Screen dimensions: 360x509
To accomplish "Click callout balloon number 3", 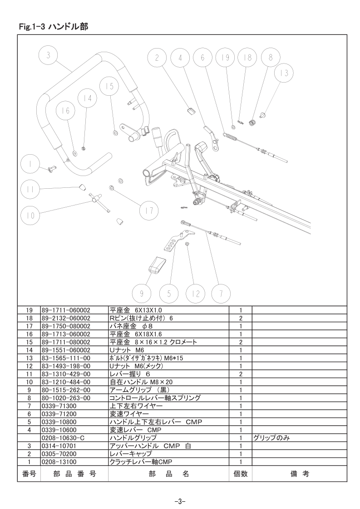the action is coord(48,55).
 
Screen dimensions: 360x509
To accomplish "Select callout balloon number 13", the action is coord(284,73).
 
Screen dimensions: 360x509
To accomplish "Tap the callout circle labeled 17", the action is coord(148,210).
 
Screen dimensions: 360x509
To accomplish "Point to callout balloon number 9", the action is coord(142,294).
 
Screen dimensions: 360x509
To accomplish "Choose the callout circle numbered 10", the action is coord(30,215).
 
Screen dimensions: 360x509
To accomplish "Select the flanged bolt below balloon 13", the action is coord(263,114).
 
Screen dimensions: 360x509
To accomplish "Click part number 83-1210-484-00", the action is coord(66,382).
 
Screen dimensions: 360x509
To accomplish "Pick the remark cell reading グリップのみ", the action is coord(271,438).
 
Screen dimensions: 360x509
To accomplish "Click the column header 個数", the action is coord(241,474).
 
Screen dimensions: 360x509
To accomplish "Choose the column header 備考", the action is coord(300,474).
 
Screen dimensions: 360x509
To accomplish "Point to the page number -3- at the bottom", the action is coord(180,501).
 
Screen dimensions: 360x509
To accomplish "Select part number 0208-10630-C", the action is coord(63,438).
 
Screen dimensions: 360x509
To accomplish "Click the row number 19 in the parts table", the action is coord(29,310).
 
